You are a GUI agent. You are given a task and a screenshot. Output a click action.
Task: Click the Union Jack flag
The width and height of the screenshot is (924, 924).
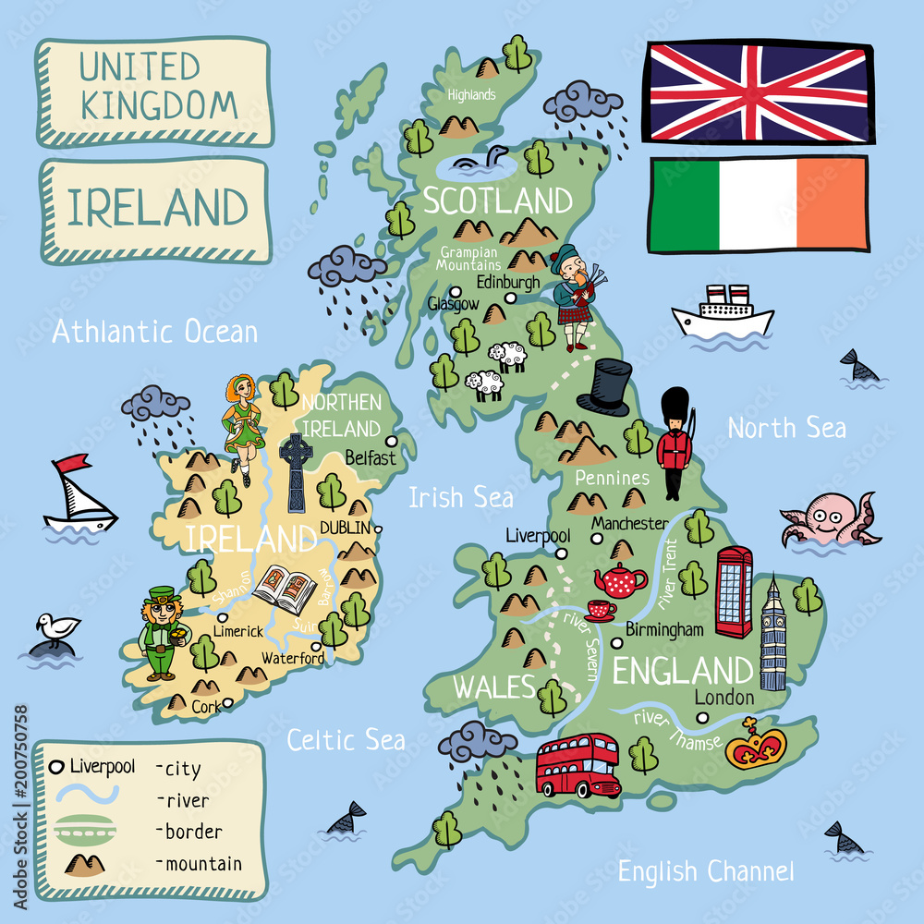pyautogui.click(x=758, y=91)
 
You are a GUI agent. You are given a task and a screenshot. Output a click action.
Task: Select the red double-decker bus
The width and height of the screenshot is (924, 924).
pyautogui.click(x=577, y=765)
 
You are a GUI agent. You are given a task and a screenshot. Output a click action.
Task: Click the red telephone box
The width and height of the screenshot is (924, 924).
pyautogui.click(x=734, y=591)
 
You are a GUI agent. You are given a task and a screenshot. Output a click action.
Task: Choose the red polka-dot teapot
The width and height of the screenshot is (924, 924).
pyautogui.click(x=621, y=580)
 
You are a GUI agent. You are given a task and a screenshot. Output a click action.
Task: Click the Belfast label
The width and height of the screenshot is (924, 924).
pyautogui.click(x=370, y=456)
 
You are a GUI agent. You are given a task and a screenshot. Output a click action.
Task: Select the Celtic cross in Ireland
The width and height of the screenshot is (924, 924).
pyautogui.click(x=296, y=471)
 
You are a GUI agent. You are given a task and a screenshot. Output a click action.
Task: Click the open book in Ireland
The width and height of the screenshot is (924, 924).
pyautogui.click(x=285, y=585)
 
